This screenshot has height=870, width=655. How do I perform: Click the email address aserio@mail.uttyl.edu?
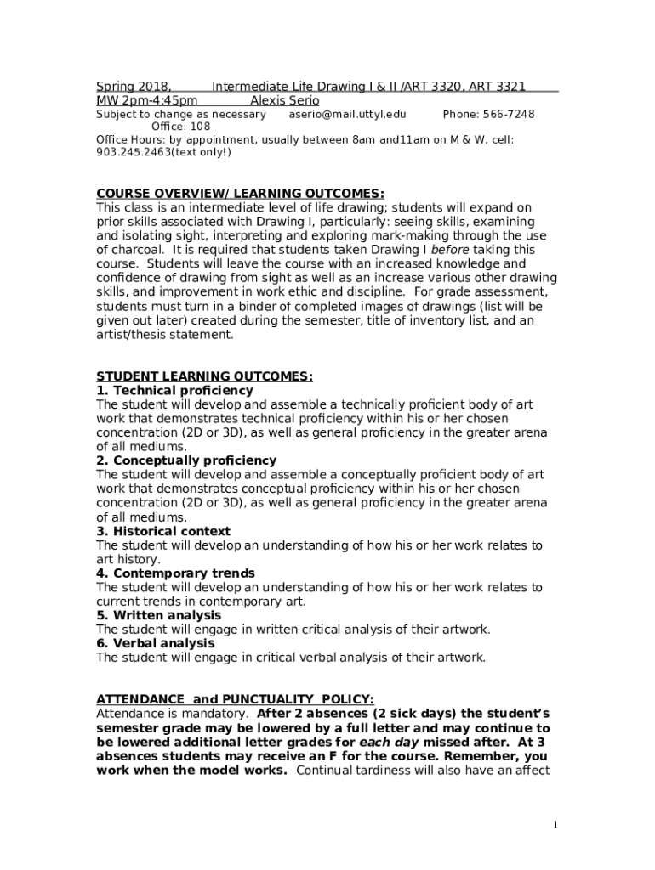tap(347, 115)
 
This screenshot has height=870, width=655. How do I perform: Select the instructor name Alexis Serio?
tap(284, 100)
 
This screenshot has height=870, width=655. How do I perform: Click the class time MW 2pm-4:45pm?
tap(146, 100)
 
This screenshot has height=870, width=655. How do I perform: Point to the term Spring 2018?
tap(133, 87)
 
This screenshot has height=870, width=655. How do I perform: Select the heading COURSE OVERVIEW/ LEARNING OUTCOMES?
tap(234, 194)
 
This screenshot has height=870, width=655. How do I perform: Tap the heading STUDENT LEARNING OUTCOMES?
tap(204, 376)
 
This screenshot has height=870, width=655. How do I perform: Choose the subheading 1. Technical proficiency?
tap(174, 390)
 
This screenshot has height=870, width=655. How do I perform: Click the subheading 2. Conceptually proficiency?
tap(185, 460)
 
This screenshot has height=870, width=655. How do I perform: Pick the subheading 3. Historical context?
tap(163, 531)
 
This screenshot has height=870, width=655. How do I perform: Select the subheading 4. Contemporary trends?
tap(175, 573)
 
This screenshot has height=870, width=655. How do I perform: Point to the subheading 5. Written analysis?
tap(158, 615)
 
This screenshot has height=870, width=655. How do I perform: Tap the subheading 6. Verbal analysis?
tap(155, 643)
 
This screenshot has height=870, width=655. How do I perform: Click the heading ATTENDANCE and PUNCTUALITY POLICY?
tap(234, 699)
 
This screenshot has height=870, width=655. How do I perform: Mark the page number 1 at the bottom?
tap(555, 825)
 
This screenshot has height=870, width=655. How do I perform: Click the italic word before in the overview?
tap(449, 250)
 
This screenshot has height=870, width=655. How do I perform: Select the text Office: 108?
tap(180, 127)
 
